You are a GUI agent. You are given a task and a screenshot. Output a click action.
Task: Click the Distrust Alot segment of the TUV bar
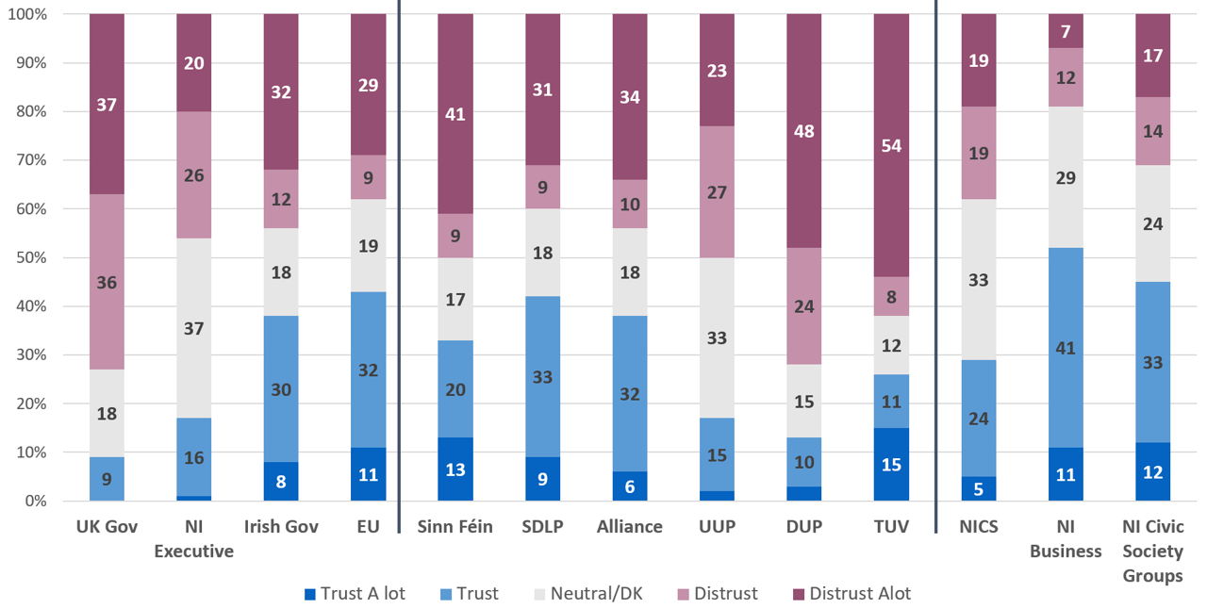890,146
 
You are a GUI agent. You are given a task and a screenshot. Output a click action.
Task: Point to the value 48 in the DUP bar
803,132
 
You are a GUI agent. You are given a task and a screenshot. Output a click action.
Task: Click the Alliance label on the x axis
629,527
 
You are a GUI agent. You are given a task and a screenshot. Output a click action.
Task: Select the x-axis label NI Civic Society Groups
1151,551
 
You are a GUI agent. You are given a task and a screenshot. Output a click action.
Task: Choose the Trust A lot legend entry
355,594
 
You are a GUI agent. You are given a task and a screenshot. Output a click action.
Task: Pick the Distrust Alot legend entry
850,594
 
